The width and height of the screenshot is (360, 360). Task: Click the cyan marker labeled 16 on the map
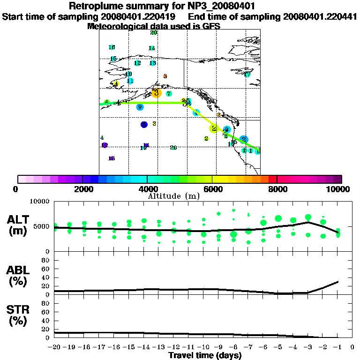pyautogui.click(x=112, y=47)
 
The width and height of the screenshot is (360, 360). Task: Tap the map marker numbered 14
pyautogui.click(x=151, y=48)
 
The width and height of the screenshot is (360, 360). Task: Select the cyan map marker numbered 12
pyautogui.click(x=137, y=63)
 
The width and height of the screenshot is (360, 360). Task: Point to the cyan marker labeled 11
pyautogui.click(x=130, y=81)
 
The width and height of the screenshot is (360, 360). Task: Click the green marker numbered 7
pyautogui.click(x=169, y=94)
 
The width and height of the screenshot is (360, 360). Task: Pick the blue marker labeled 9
pyautogui.click(x=140, y=107)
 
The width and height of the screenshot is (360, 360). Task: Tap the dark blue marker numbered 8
pyautogui.click(x=144, y=124)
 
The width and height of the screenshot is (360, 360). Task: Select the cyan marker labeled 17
pyautogui.click(x=247, y=75)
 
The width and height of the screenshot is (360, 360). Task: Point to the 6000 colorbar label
pyautogui.click(x=212, y=189)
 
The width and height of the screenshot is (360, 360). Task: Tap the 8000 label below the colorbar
pyautogui.click(x=277, y=189)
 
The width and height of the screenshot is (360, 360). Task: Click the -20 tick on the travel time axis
pyautogui.click(x=55, y=348)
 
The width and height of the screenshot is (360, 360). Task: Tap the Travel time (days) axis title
pyautogui.click(x=205, y=356)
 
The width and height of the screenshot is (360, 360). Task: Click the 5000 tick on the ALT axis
pyautogui.click(x=43, y=226)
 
